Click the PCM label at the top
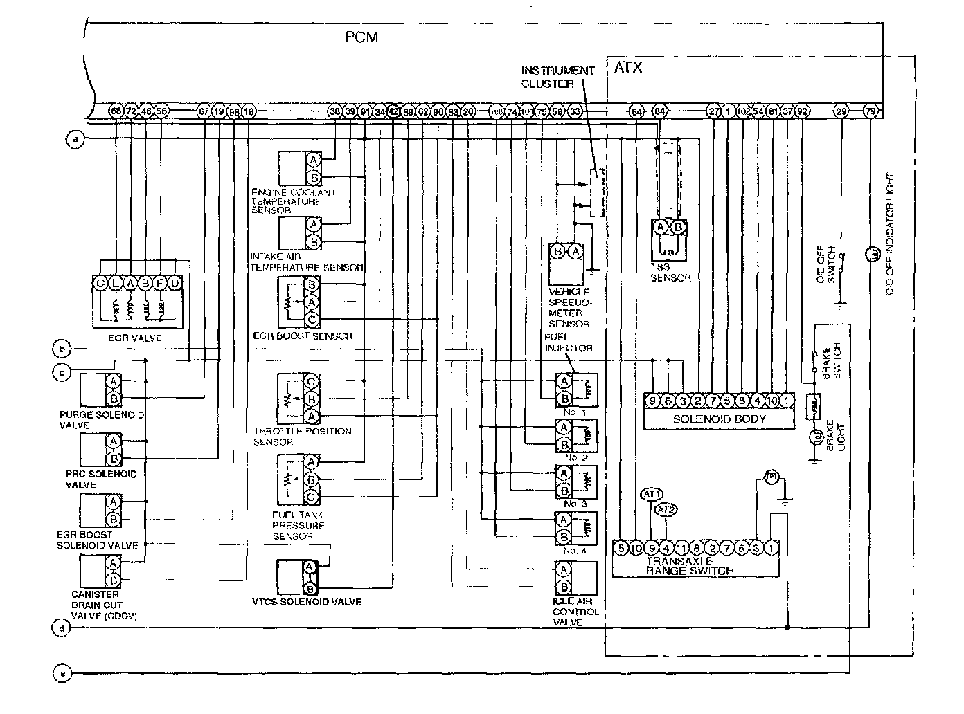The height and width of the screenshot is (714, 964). (x=362, y=37)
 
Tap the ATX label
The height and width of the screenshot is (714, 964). (x=628, y=67)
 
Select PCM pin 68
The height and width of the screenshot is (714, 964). (x=116, y=111)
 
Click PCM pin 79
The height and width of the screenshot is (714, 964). (x=871, y=111)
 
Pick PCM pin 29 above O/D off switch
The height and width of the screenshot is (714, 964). (x=841, y=111)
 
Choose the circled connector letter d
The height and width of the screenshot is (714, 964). (x=62, y=628)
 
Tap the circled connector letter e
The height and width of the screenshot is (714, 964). (x=62, y=672)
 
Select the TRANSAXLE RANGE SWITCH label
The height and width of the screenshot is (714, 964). (x=690, y=566)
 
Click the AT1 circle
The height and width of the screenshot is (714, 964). (x=652, y=494)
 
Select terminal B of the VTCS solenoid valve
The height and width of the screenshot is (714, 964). (x=311, y=589)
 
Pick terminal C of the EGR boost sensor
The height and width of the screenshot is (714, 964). (x=312, y=319)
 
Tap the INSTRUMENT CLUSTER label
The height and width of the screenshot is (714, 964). (x=557, y=77)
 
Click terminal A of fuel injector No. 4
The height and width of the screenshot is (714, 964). (x=564, y=520)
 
